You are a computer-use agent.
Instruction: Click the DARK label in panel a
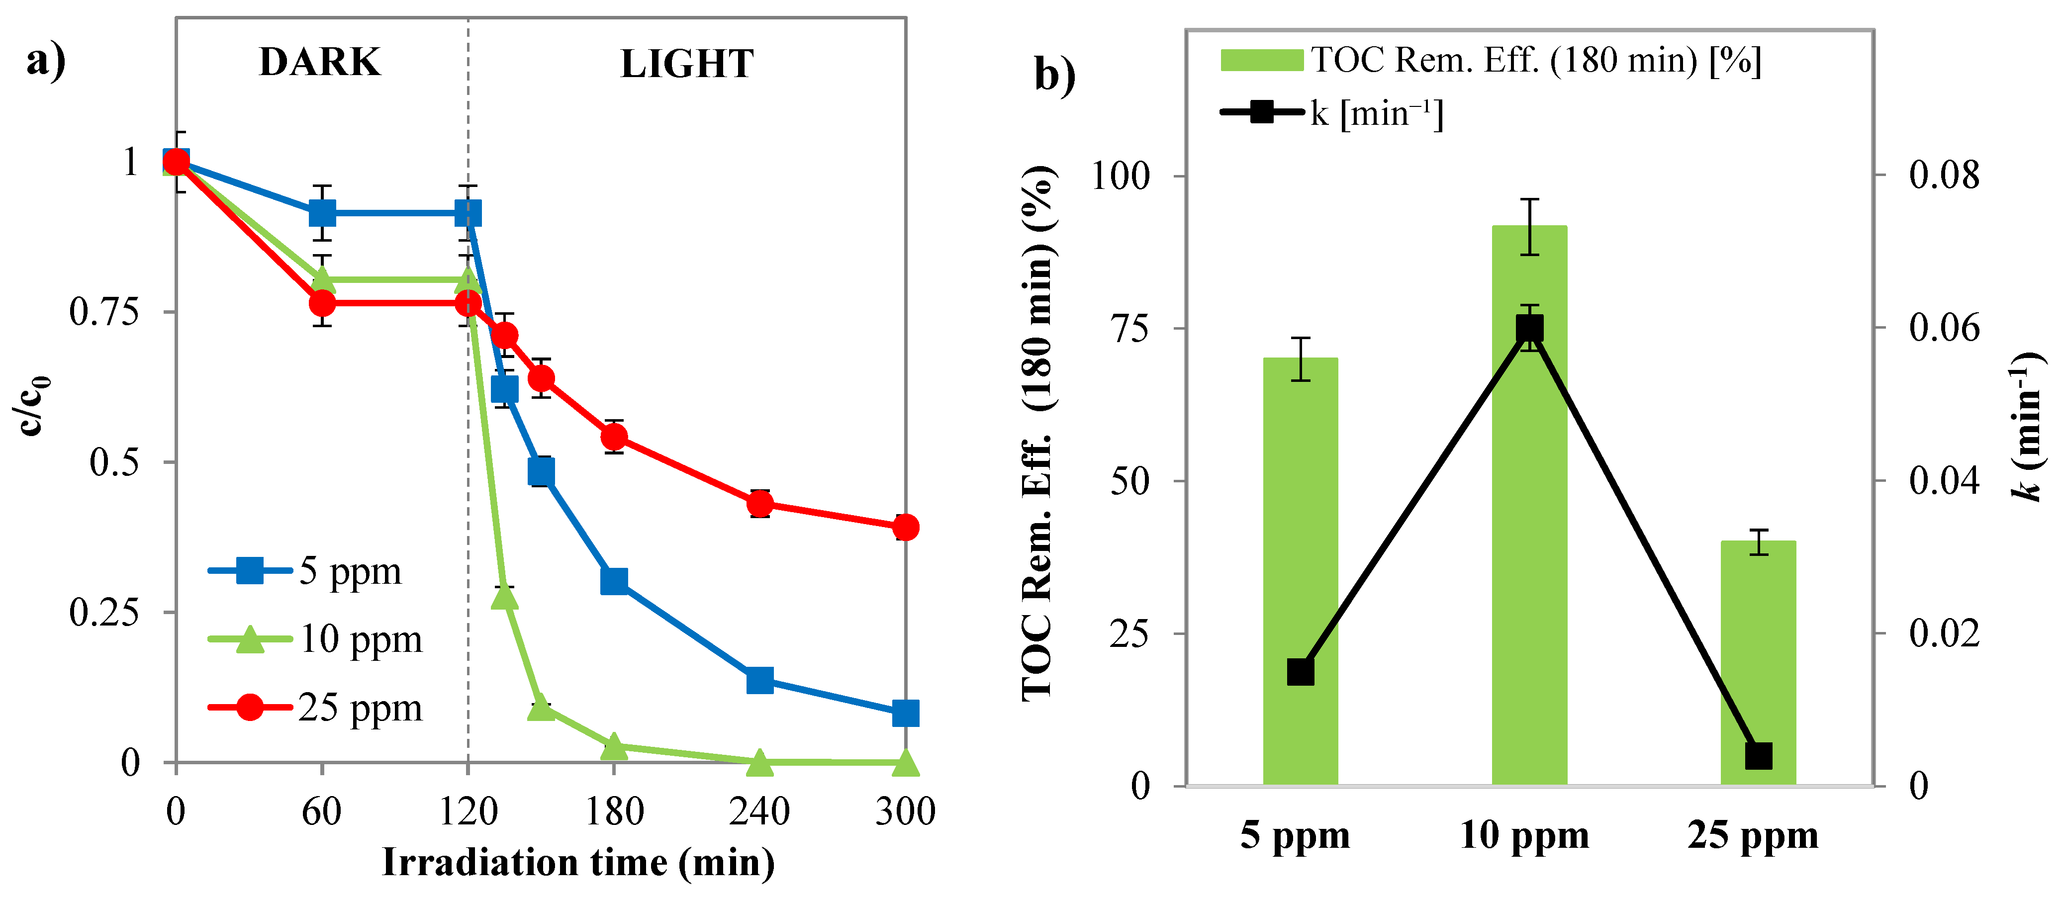pos(320,63)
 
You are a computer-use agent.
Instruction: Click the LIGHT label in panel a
pos(687,64)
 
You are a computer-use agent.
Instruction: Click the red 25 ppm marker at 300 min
pos(905,527)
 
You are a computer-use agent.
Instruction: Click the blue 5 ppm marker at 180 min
pos(614,581)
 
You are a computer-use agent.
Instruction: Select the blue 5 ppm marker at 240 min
pos(759,680)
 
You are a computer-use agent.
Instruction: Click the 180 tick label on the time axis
pos(614,811)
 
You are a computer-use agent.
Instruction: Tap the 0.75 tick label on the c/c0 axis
pos(104,312)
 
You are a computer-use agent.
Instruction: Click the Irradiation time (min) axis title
pos(578,863)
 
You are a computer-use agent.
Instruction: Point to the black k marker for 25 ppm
pos(1758,756)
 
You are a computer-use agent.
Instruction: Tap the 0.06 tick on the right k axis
pos(1943,329)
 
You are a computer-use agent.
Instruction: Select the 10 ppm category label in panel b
pos(1524,836)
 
